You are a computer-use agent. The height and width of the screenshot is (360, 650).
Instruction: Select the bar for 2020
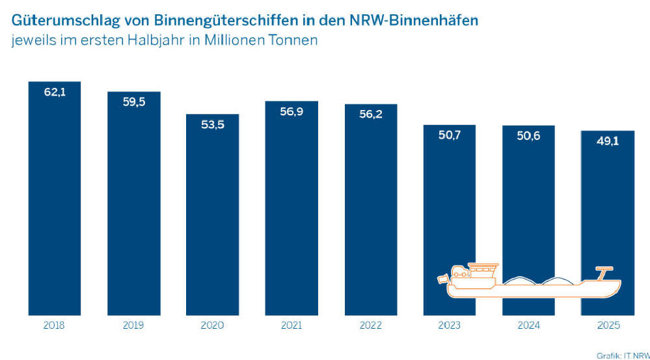(212, 215)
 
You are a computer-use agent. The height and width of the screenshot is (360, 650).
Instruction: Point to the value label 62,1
(55, 92)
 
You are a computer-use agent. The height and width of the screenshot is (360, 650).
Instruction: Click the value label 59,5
(133, 102)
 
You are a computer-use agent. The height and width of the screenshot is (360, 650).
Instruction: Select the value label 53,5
(212, 124)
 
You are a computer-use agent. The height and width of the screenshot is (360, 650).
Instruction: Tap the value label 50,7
(449, 135)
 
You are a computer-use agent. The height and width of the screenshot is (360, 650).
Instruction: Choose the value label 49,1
(606, 141)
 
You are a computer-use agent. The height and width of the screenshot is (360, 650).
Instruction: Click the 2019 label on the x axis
(133, 325)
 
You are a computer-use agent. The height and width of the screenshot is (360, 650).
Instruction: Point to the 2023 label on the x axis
(449, 325)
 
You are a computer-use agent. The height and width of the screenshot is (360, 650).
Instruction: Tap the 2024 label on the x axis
(528, 325)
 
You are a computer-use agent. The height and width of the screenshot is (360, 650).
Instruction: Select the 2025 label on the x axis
(606, 325)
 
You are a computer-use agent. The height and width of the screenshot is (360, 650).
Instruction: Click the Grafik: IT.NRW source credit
(622, 355)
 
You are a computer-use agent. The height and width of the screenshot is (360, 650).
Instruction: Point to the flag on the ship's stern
(443, 279)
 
